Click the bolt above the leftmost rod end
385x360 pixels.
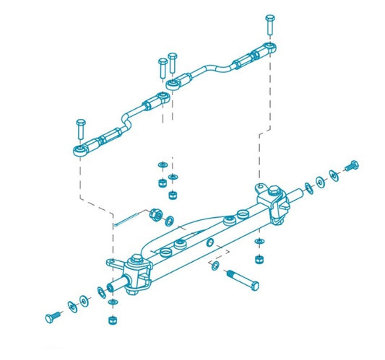tap(80, 130)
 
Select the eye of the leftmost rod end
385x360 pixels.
tap(79, 150)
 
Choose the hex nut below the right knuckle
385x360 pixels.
tap(259, 259)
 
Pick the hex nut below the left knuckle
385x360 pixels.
tap(111, 319)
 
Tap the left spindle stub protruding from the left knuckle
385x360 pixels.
tap(113, 287)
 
